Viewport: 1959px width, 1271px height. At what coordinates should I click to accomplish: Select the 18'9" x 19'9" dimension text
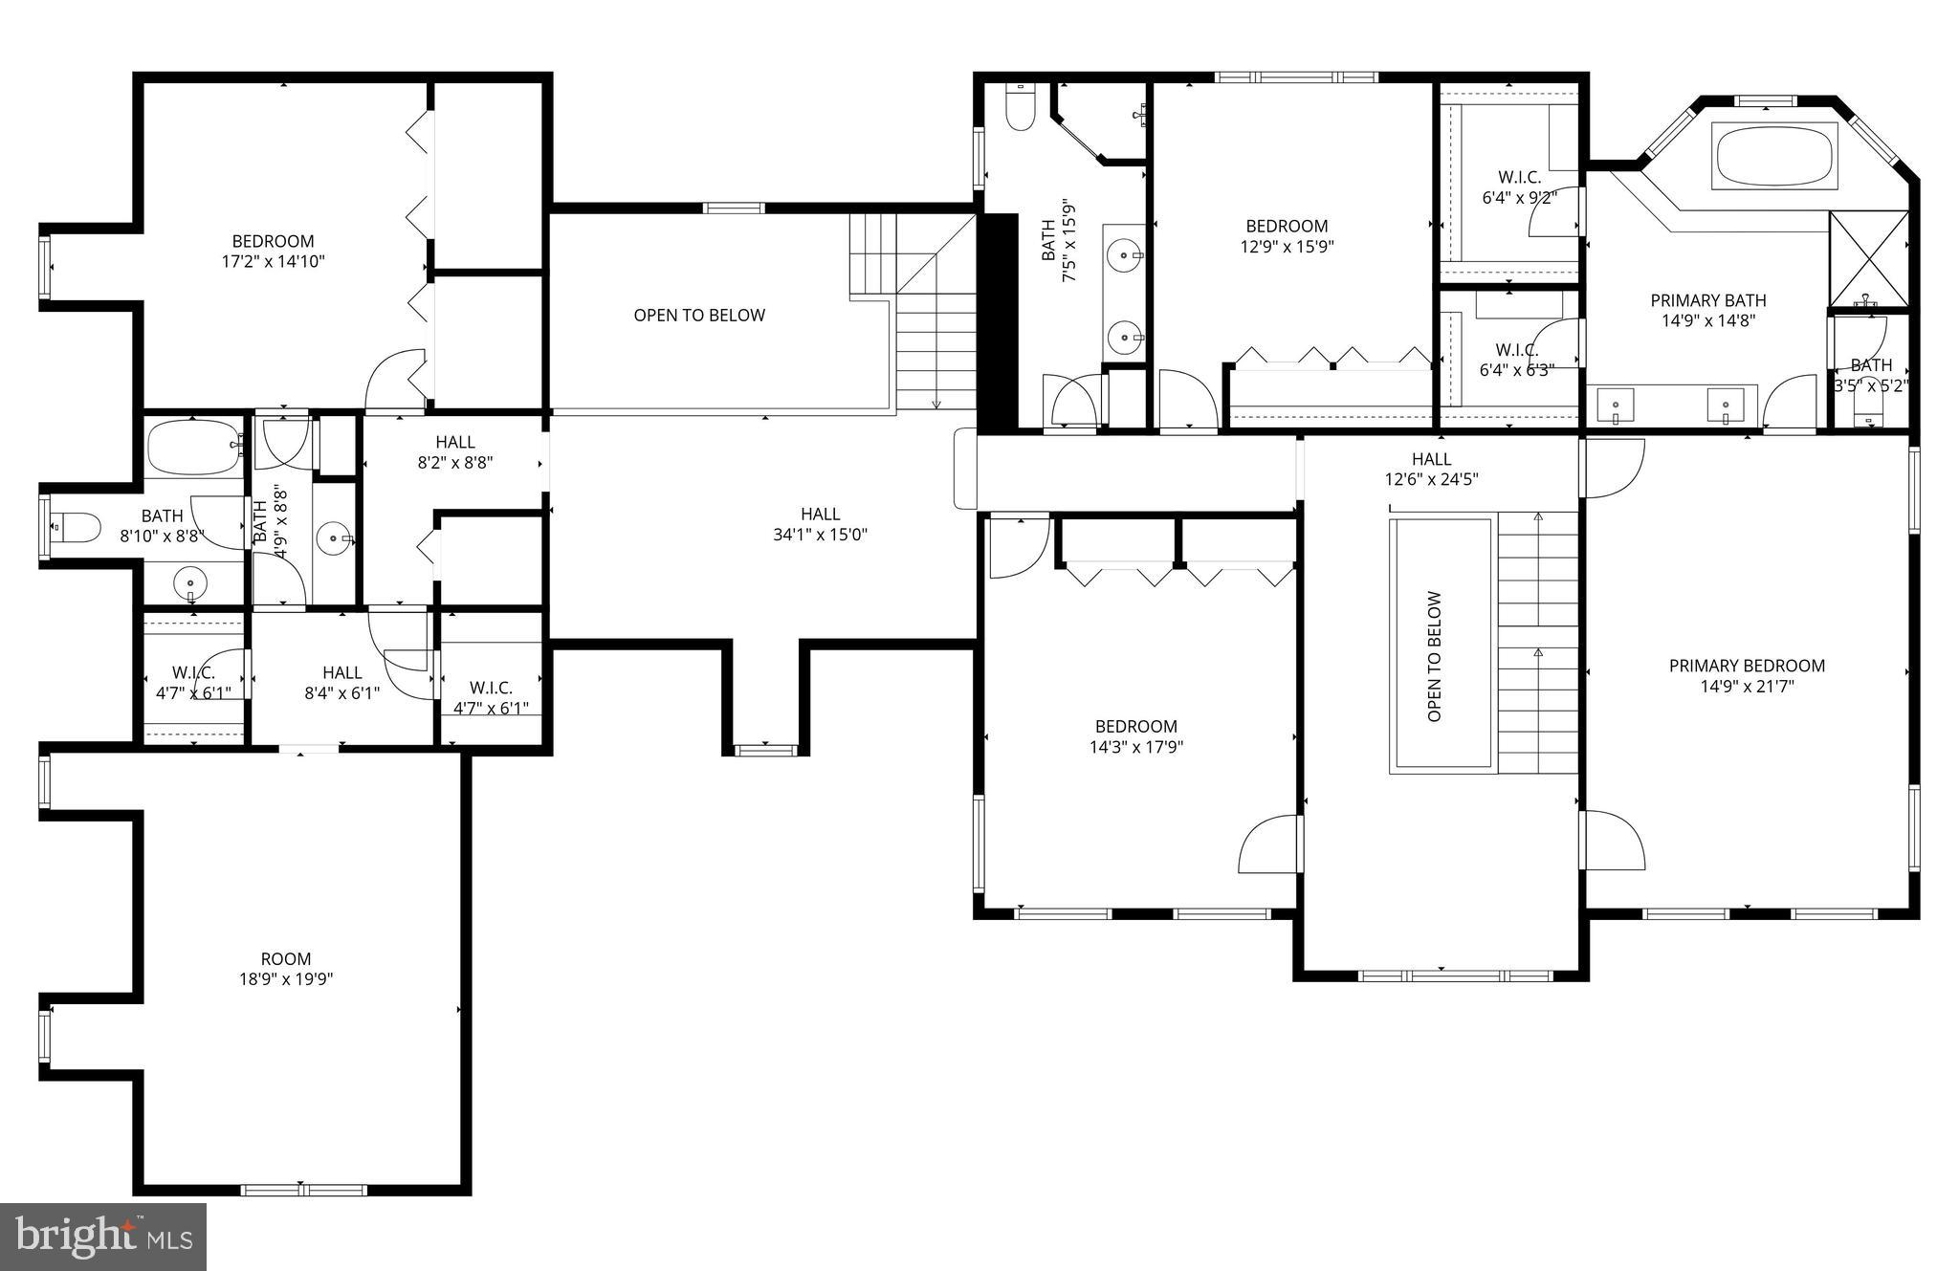coord(286,979)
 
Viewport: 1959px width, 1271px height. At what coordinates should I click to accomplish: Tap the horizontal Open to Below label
coord(699,315)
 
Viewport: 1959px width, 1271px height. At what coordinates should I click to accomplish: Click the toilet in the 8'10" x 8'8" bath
coord(77,526)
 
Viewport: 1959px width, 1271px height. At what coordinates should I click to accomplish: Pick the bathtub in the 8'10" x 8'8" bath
coord(194,447)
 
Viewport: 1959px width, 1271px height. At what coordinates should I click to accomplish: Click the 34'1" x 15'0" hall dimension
coord(820,535)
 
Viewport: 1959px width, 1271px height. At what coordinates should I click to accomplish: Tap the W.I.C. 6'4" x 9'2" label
coord(1519,187)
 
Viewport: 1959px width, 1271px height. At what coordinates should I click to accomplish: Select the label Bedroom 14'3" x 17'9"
coord(1136,736)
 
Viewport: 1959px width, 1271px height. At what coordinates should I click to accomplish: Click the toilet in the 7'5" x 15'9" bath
coord(1021,108)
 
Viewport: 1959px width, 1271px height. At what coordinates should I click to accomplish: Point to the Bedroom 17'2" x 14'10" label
coord(273,251)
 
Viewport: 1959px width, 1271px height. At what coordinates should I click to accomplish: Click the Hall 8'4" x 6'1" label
coord(341,683)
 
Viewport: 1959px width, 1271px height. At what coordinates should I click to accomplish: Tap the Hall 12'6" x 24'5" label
coord(1431,470)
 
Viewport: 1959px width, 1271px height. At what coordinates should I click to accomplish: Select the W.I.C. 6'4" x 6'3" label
coord(1516,360)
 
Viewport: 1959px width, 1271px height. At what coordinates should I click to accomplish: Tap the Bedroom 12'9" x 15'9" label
coord(1287,235)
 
